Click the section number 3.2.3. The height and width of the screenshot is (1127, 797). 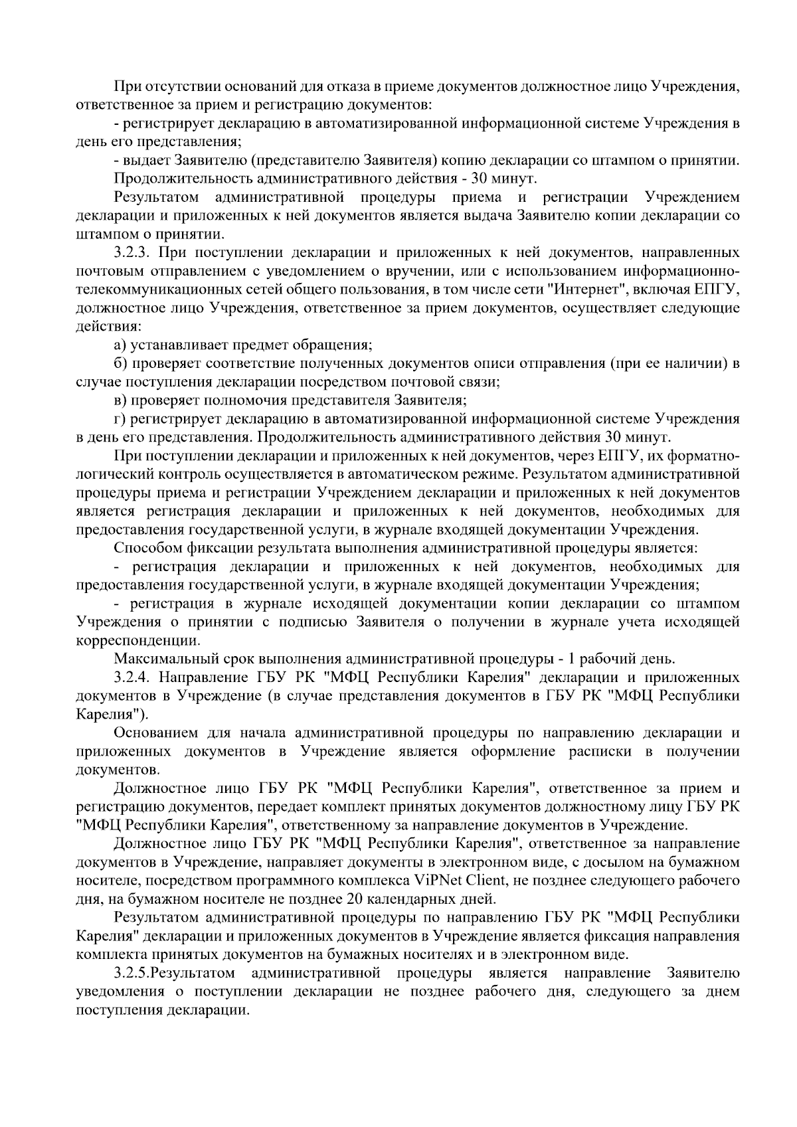(133, 253)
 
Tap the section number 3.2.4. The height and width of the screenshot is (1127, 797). (133, 677)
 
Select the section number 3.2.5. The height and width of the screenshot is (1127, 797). (132, 974)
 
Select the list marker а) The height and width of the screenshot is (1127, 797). (120, 345)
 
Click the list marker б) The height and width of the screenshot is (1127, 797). (120, 364)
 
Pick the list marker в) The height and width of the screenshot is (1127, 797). (120, 400)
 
